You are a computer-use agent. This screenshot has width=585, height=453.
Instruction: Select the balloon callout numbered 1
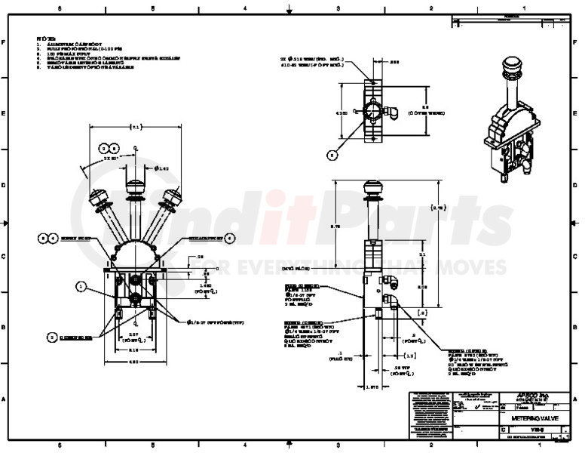point(81,286)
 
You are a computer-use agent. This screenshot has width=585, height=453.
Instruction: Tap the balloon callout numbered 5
point(332,155)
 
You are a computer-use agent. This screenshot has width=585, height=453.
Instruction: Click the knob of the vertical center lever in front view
point(136,186)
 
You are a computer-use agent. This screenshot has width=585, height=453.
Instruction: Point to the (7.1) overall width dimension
point(136,126)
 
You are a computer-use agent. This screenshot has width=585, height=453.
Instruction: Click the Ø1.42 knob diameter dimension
point(161,168)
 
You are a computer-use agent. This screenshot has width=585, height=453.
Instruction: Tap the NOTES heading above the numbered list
point(47,36)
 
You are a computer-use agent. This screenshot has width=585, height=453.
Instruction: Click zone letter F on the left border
point(5,42)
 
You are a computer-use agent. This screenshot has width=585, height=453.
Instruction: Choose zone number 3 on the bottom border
point(338,446)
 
